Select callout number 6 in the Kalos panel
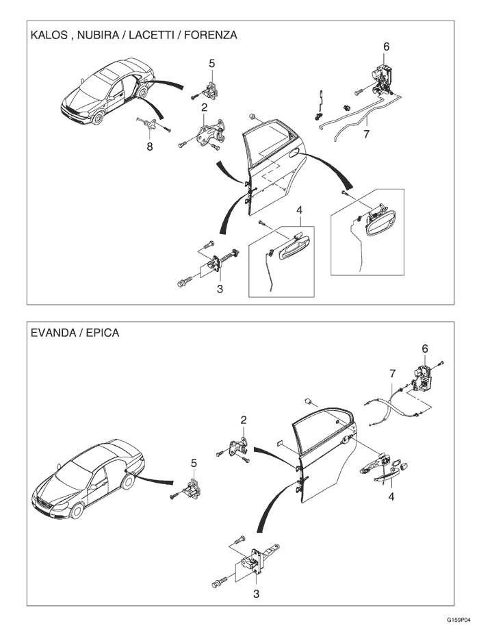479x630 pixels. coord(386,47)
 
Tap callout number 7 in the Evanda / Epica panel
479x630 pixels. coord(392,373)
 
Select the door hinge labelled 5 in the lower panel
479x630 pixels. coord(192,488)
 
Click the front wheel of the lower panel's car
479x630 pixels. coord(77,512)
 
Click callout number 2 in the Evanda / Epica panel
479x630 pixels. coord(243,419)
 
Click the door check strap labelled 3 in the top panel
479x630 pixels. coord(222,262)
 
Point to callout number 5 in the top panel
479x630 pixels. coord(211,64)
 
